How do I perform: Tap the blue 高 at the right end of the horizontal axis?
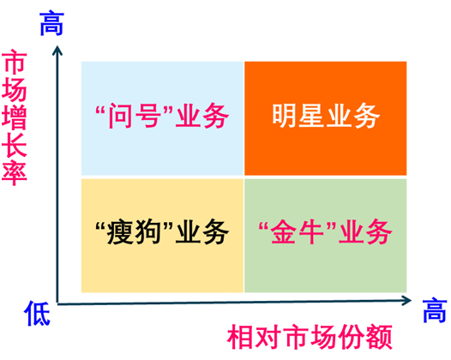[x=435, y=310]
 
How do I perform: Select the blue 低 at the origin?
[x=38, y=314]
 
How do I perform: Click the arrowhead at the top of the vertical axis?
[x=57, y=50]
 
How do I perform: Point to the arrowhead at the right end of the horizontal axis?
[x=406, y=301]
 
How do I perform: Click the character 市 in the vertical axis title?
[x=15, y=62]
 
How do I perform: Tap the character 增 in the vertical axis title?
[x=15, y=118]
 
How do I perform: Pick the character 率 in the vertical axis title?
[x=15, y=174]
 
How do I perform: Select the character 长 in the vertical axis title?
[x=15, y=146]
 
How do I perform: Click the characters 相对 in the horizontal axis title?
[x=254, y=337]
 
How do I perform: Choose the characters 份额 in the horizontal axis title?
[x=365, y=337]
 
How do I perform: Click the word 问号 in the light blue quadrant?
[x=134, y=116]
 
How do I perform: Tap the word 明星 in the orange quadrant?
[x=298, y=116]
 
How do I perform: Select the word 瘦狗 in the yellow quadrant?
[x=134, y=231]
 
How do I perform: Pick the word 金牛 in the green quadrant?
[x=298, y=231]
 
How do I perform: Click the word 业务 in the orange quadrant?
[x=353, y=116]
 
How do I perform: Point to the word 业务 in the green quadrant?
[x=365, y=231]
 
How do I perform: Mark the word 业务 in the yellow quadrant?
[x=202, y=231]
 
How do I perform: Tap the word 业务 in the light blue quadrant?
[x=202, y=116]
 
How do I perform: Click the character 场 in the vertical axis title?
[x=15, y=90]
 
